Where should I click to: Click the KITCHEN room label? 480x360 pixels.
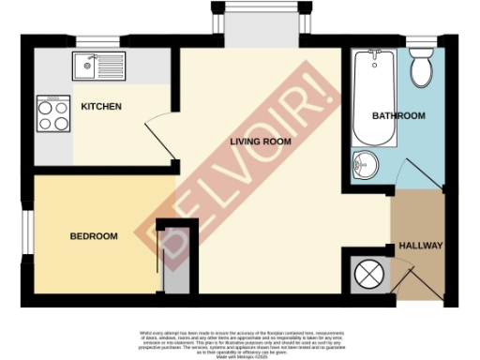[x=101, y=107]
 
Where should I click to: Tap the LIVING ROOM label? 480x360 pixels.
[x=261, y=142]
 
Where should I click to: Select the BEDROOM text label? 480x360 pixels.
[x=94, y=236]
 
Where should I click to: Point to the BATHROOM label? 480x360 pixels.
[x=398, y=115]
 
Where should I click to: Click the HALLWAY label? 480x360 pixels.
[x=420, y=245]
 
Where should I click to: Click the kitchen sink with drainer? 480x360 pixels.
[x=98, y=66]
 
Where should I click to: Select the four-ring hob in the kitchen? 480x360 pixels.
[x=52, y=114]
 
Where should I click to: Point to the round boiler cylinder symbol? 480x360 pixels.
[x=367, y=275]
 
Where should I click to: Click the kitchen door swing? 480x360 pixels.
[x=158, y=134]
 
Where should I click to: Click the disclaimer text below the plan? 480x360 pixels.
[x=239, y=342]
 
